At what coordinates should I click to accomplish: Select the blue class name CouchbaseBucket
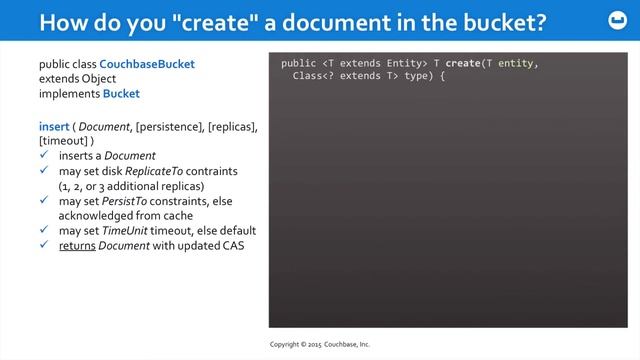coord(147,64)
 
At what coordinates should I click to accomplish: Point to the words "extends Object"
coord(77,79)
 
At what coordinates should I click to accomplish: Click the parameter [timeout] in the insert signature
coord(63,140)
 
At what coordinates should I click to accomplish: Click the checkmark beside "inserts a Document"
coord(45,156)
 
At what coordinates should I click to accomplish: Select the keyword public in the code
coord(299,63)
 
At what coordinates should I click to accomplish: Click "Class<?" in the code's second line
coord(310,76)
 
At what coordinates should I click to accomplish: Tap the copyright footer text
coord(320,344)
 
